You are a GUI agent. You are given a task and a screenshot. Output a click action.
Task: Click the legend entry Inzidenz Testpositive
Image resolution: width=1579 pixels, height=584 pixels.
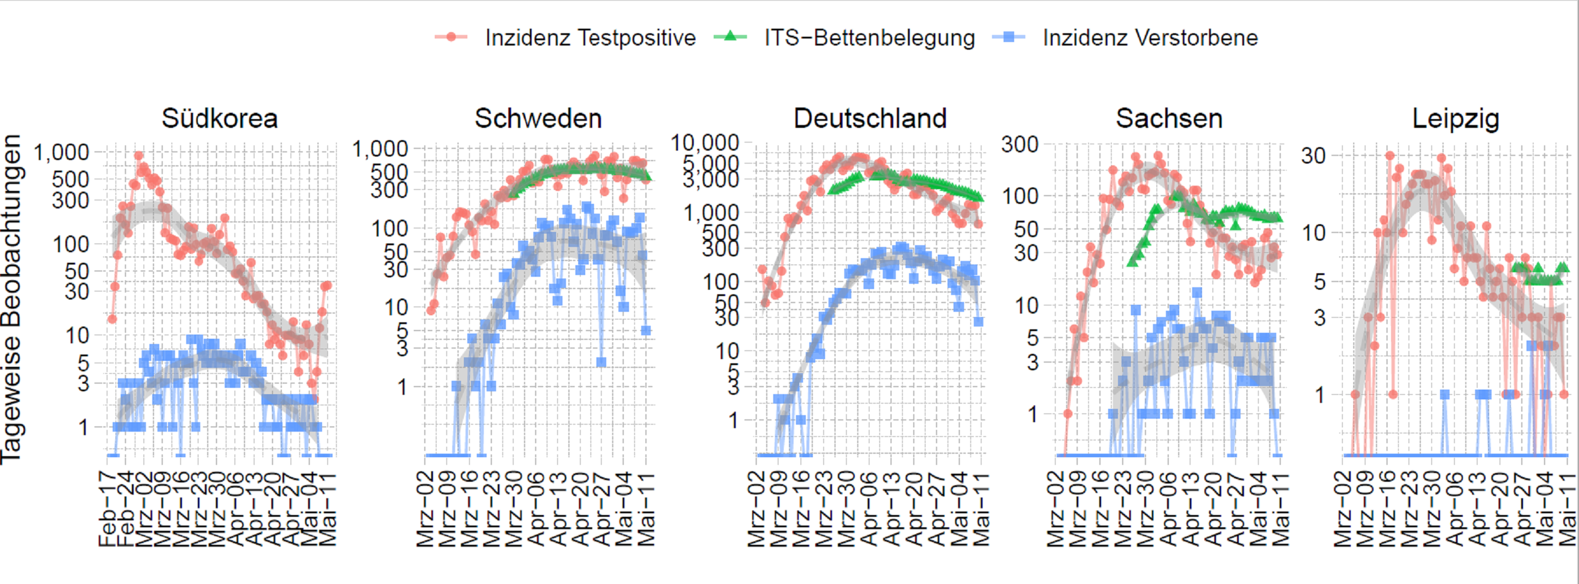(x=590, y=38)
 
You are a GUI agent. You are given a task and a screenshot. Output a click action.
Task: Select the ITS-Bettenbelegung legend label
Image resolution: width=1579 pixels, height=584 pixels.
(x=869, y=38)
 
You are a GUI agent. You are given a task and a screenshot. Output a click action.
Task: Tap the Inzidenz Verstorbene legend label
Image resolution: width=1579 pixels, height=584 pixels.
(x=1150, y=38)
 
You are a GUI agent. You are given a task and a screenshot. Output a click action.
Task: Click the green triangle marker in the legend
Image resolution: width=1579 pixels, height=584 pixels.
(x=729, y=37)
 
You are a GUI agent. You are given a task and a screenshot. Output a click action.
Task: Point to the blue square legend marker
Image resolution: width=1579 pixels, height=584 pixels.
(x=1008, y=37)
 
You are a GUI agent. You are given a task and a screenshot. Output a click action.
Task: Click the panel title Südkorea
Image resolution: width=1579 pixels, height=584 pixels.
(x=219, y=119)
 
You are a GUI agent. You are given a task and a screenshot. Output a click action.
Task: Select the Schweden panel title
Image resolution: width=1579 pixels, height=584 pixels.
(x=538, y=119)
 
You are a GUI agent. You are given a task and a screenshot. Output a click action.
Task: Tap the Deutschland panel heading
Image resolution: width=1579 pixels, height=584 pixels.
(x=870, y=119)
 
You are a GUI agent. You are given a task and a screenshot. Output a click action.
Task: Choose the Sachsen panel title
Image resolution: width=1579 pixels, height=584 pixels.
(x=1169, y=119)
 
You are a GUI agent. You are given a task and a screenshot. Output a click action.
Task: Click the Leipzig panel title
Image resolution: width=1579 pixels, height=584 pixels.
(x=1456, y=119)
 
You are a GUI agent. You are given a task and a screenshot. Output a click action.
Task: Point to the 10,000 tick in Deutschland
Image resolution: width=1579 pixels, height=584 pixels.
(x=705, y=143)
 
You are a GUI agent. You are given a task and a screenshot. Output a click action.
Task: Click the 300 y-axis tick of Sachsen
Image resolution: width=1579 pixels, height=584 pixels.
(x=1020, y=145)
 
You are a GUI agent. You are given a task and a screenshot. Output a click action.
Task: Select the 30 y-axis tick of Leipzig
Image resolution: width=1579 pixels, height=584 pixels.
(x=1313, y=156)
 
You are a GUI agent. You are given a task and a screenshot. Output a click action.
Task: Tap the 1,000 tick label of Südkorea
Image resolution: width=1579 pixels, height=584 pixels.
(x=61, y=152)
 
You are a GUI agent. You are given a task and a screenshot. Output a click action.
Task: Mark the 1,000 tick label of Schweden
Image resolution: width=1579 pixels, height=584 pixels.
(x=380, y=148)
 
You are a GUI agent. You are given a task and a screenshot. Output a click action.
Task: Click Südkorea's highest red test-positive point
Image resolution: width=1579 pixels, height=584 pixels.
(x=139, y=156)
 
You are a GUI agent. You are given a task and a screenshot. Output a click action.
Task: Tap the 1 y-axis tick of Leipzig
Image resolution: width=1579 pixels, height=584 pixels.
(x=1319, y=394)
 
